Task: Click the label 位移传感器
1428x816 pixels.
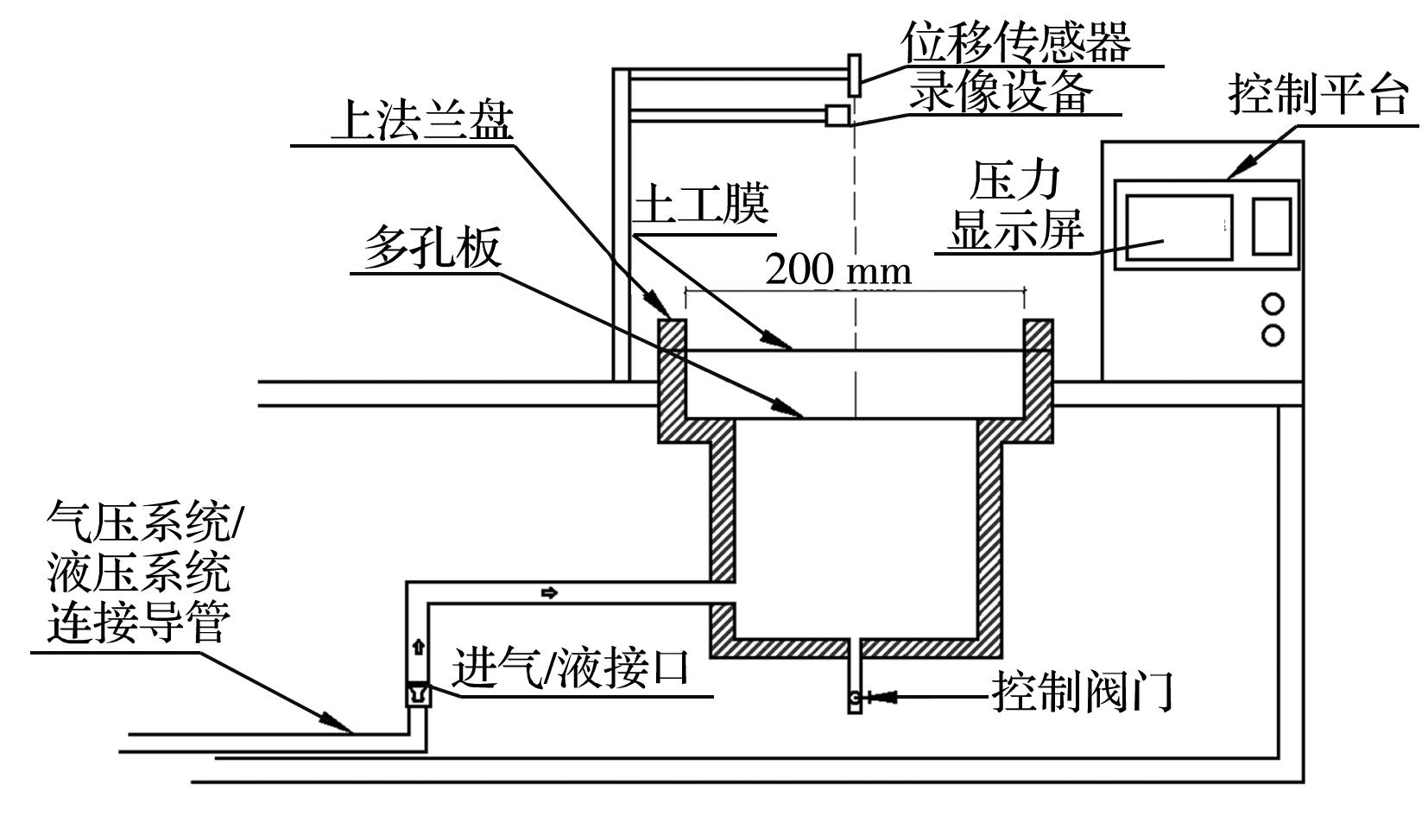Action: click(x=1015, y=40)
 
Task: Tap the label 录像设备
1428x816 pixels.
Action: click(x=1001, y=92)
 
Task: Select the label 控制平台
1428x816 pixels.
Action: click(x=1317, y=94)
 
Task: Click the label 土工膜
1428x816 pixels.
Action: click(x=701, y=206)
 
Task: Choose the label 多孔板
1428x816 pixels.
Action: click(x=432, y=249)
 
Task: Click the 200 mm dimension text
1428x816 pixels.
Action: click(x=837, y=270)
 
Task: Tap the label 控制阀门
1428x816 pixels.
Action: click(x=1082, y=692)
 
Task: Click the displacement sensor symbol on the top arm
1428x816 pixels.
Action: click(x=855, y=75)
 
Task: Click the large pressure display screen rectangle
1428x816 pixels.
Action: click(x=1178, y=226)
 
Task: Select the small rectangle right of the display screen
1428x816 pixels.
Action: click(x=1271, y=226)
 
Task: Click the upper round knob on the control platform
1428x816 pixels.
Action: click(x=1273, y=304)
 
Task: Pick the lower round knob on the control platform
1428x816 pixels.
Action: click(x=1273, y=335)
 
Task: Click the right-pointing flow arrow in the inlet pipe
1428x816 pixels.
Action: click(x=549, y=592)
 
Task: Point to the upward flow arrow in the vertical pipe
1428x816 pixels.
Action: click(x=419, y=647)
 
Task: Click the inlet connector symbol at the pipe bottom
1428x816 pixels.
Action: click(x=418, y=693)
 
